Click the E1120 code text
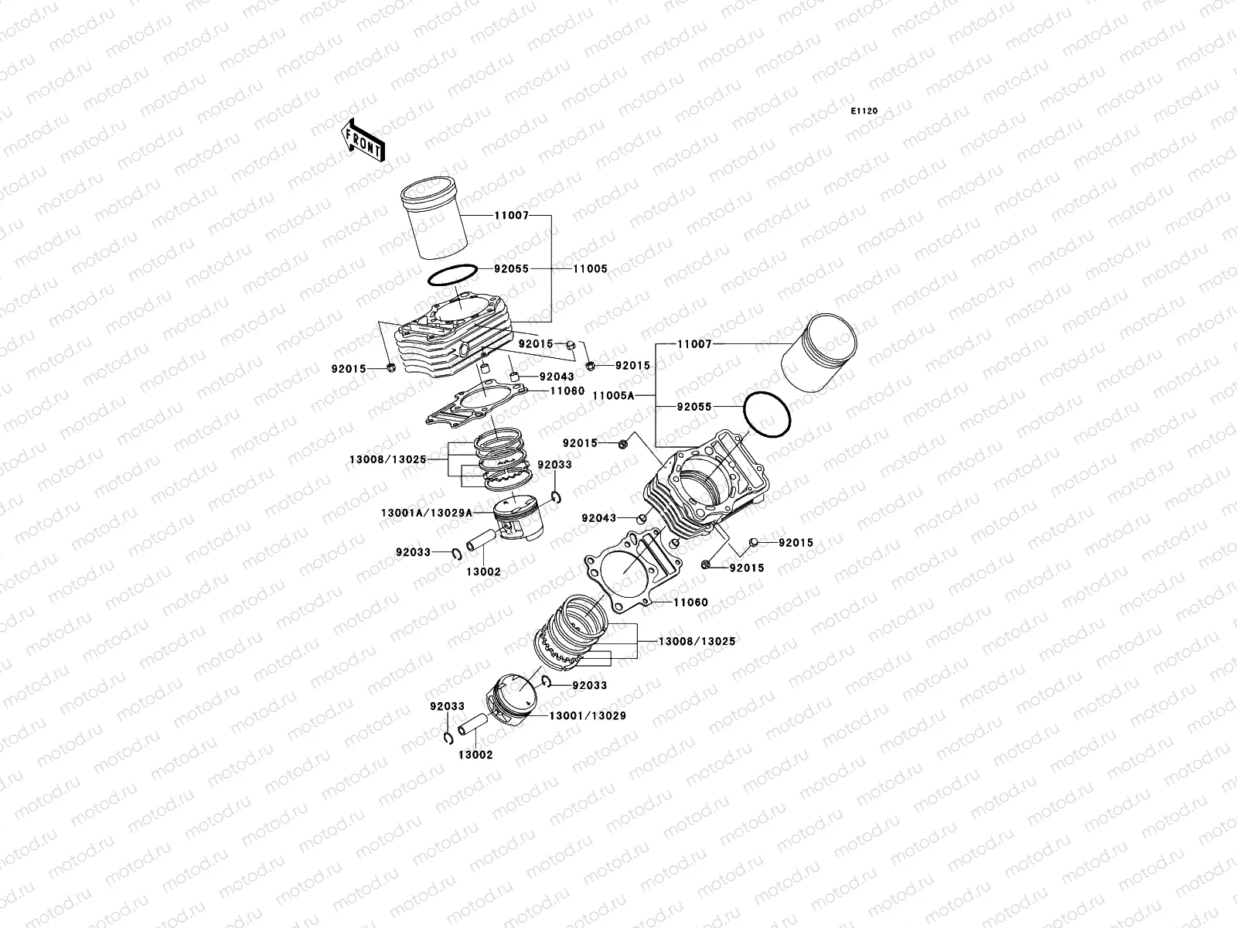pyautogui.click(x=864, y=111)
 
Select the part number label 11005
pyautogui.click(x=590, y=269)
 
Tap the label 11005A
pyautogui.click(x=613, y=395)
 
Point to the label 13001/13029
pyautogui.click(x=587, y=715)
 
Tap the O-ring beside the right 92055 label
pyautogui.click(x=766, y=417)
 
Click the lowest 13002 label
pyautogui.click(x=475, y=754)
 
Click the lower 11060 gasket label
pyautogui.click(x=690, y=602)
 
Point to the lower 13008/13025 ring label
pyautogui.click(x=696, y=641)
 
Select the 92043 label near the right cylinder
pyautogui.click(x=599, y=518)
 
